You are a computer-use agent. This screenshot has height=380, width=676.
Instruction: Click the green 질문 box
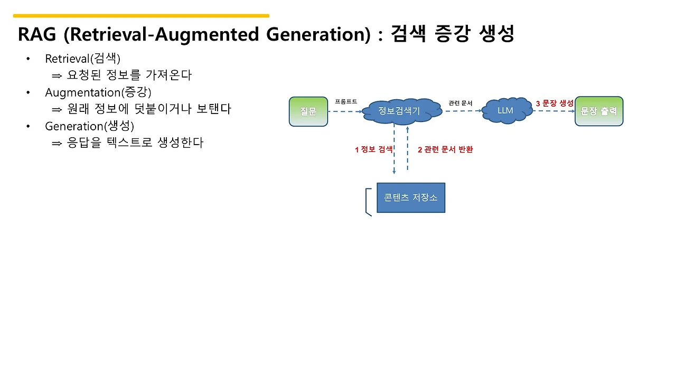308,111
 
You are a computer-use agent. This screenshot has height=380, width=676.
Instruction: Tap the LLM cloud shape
505,111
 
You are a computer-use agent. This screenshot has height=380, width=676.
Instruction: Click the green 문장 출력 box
599,111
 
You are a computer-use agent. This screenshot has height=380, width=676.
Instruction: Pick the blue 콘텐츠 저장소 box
411,198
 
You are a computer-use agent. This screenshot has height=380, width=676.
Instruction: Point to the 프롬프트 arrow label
346,101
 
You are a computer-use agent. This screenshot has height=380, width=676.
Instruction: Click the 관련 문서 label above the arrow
460,103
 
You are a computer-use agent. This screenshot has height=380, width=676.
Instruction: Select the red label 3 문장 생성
555,103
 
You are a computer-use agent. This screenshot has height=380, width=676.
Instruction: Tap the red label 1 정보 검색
373,149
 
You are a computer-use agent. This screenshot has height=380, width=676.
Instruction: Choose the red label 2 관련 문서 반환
445,149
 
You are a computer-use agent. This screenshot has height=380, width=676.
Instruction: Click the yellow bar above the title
141,16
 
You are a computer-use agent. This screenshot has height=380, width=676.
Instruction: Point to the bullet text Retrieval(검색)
83,59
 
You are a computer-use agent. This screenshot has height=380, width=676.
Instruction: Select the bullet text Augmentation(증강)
98,92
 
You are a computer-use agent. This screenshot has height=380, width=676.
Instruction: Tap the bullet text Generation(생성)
90,126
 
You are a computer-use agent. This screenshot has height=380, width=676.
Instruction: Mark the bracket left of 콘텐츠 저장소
368,202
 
